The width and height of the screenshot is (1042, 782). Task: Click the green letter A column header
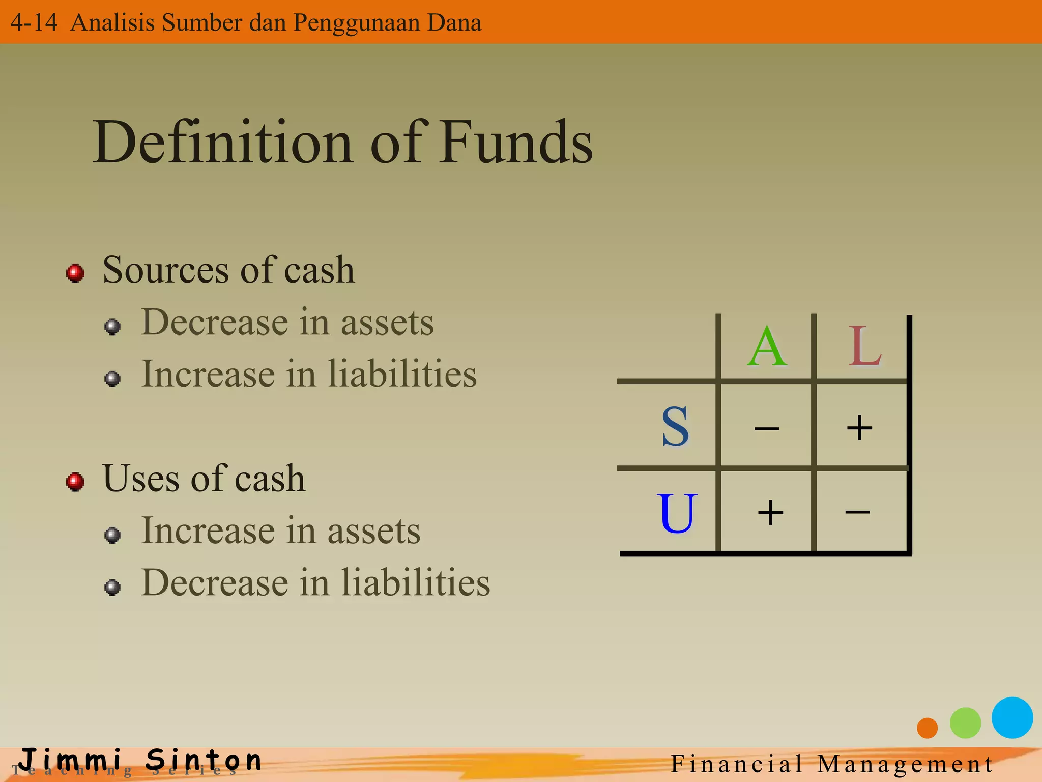click(767, 347)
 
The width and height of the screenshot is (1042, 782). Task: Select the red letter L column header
click(864, 347)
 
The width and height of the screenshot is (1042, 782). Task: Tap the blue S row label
click(675, 427)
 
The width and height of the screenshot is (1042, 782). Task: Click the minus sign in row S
click(767, 429)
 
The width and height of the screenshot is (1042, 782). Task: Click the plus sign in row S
click(859, 428)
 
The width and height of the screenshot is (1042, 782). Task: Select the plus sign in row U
click(770, 512)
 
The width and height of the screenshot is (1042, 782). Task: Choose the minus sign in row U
click(857, 511)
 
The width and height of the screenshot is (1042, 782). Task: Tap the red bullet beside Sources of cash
click(75, 273)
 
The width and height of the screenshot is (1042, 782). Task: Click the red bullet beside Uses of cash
click(75, 481)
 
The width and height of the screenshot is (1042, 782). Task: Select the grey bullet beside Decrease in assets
click(112, 326)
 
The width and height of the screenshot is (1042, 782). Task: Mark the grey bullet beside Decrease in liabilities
click(112, 587)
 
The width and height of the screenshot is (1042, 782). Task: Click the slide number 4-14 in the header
click(34, 22)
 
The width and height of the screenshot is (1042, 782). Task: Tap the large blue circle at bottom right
click(1012, 717)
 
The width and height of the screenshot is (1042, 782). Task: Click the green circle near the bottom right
click(965, 722)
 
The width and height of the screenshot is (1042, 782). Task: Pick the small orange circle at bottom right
click(927, 728)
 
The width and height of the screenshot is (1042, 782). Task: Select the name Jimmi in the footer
click(71, 760)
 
